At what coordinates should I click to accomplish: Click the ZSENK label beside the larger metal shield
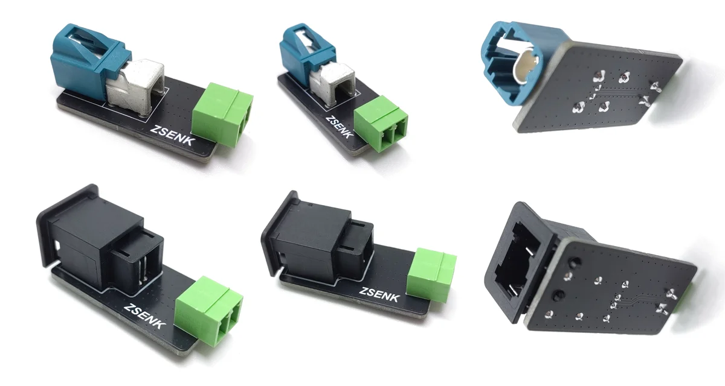173,135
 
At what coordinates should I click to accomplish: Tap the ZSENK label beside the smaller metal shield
340,126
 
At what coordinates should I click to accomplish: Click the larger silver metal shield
135,87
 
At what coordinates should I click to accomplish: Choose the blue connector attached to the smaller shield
305,49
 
